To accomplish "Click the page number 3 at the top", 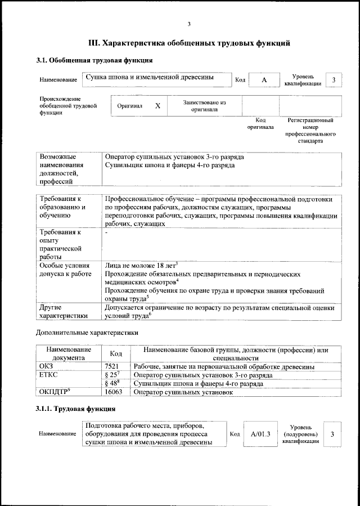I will pyautogui.click(x=190, y=24).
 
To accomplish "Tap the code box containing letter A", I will pyautogui.click(x=264, y=80).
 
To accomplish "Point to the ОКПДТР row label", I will pyautogui.click(x=55, y=392).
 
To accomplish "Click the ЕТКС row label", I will pyautogui.click(x=49, y=375).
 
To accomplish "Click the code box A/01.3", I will pyautogui.click(x=261, y=434).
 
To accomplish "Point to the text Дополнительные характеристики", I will pyautogui.click(x=87, y=333).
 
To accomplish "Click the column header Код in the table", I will pyautogui.click(x=115, y=353).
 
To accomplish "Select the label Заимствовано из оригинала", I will pyautogui.click(x=204, y=106).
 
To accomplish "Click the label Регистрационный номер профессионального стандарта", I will pyautogui.click(x=310, y=131).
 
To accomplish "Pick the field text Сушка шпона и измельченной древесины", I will pyautogui.click(x=149, y=77).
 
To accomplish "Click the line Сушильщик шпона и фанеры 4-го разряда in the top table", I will pyautogui.click(x=170, y=165).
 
